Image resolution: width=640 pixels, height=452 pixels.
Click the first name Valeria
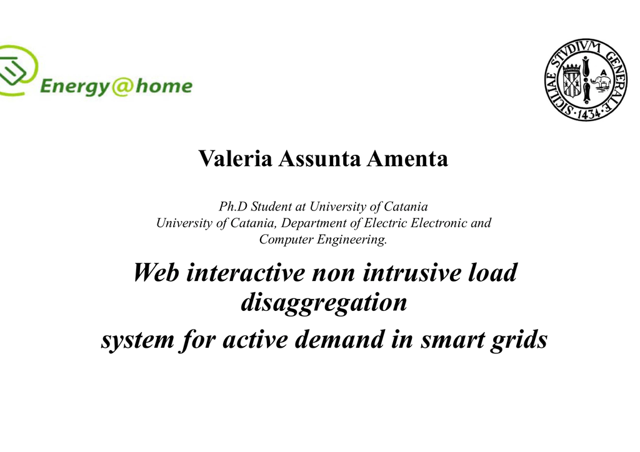pos(235,158)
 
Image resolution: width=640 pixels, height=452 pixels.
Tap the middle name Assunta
pos(319,158)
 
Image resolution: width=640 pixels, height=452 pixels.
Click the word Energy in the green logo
pos(75,87)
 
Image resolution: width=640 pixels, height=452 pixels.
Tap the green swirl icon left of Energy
pos(16,70)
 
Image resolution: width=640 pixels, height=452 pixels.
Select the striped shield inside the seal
pos(572,80)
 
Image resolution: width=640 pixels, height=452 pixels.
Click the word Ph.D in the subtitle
pos(233,207)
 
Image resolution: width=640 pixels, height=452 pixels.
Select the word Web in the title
pos(156,272)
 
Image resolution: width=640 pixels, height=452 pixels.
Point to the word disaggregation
pos(324,303)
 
